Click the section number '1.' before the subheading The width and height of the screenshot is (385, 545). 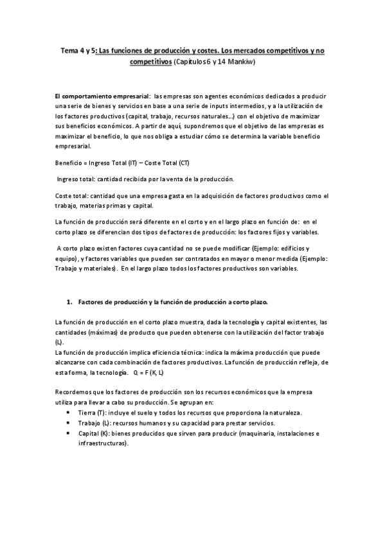point(70,302)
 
